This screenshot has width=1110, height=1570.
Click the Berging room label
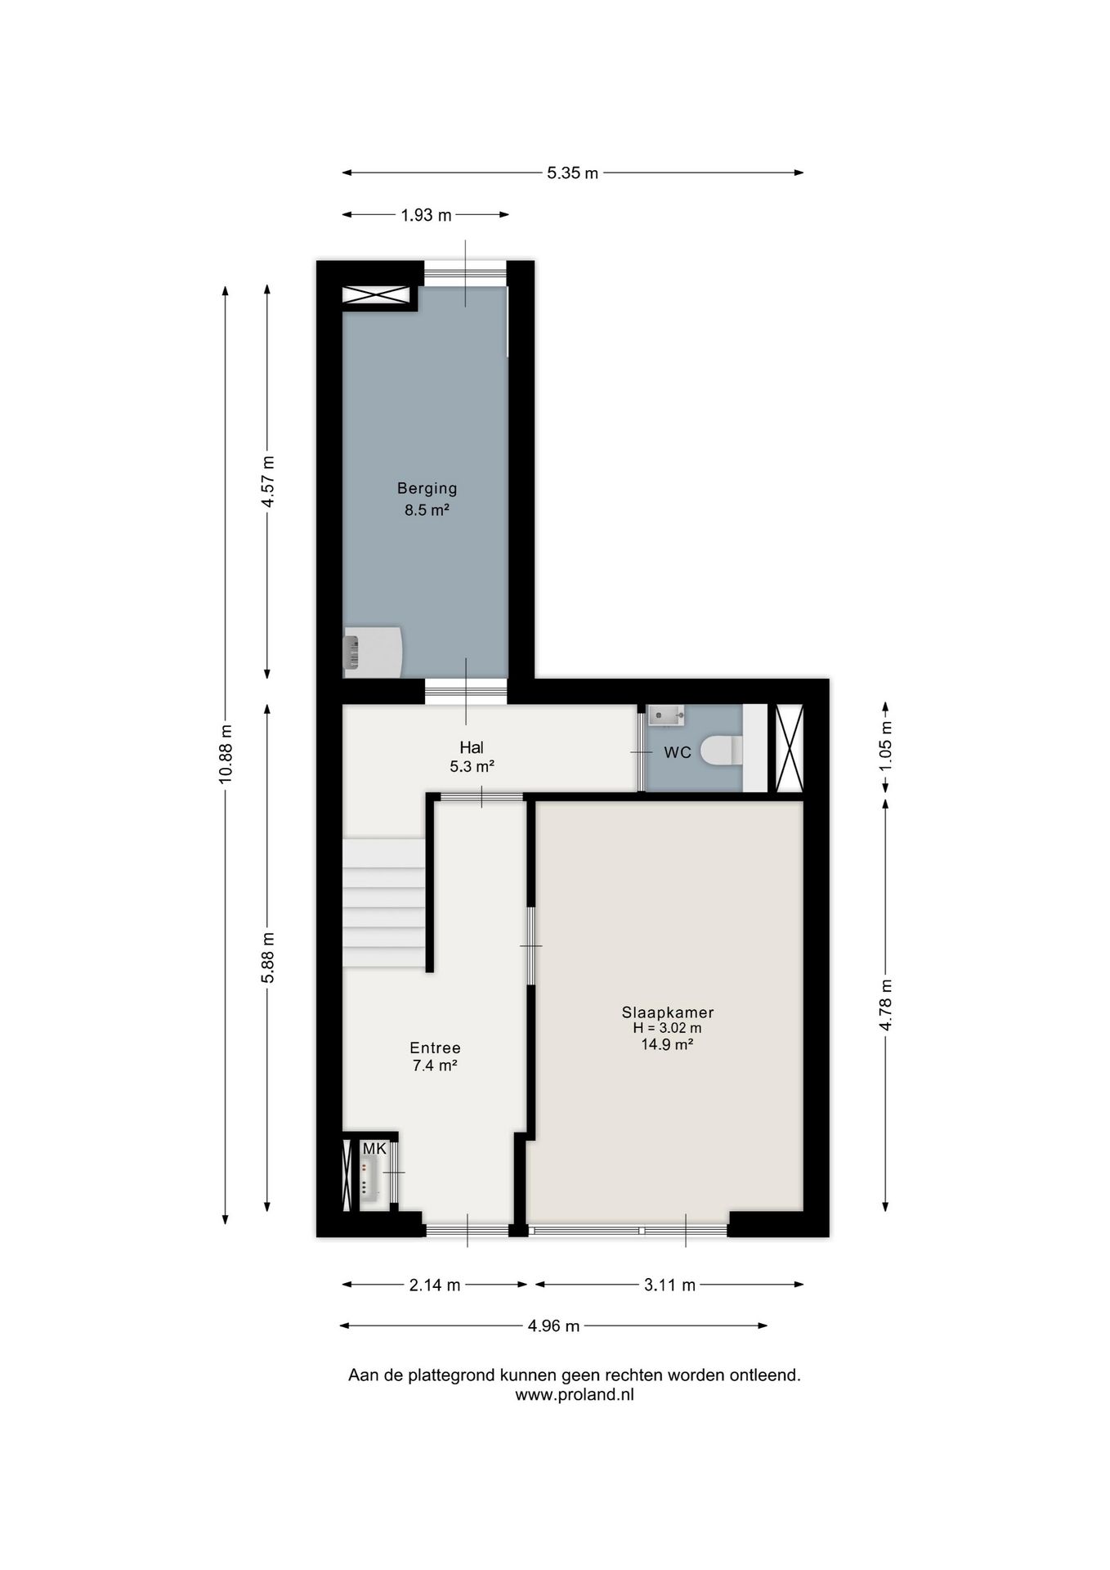427,489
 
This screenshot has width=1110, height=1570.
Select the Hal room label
472,747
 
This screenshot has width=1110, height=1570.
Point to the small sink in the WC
666,716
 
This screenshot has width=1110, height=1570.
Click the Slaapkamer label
668,1012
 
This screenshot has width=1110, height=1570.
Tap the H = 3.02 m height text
667,1029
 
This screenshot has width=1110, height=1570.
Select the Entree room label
435,1048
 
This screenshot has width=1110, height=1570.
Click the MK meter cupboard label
374,1149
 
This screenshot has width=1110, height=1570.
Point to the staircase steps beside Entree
383,903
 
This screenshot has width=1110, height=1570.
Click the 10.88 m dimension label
226,754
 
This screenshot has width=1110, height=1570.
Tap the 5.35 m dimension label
572,173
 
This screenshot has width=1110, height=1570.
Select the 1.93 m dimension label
426,215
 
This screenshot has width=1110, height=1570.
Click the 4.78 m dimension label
885,1005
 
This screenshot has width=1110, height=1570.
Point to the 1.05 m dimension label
885,747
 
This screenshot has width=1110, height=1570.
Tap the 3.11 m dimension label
669,1285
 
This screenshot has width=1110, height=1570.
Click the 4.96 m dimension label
553,1326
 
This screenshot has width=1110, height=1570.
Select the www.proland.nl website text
574,1396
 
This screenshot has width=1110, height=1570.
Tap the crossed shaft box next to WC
789,748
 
